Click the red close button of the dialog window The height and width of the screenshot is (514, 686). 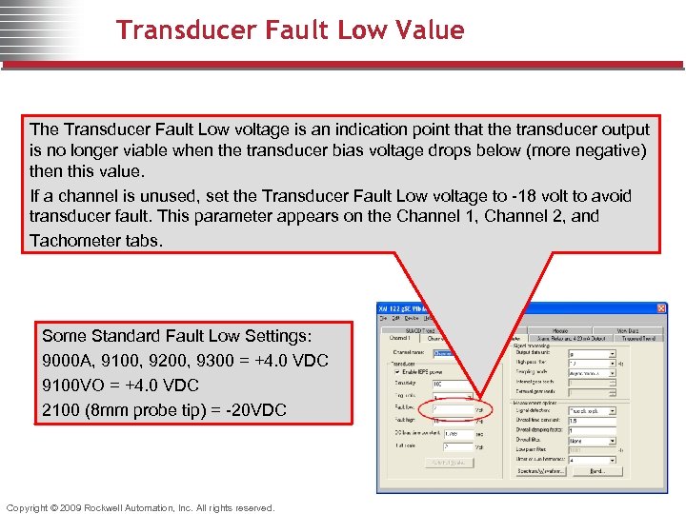[662, 309]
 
